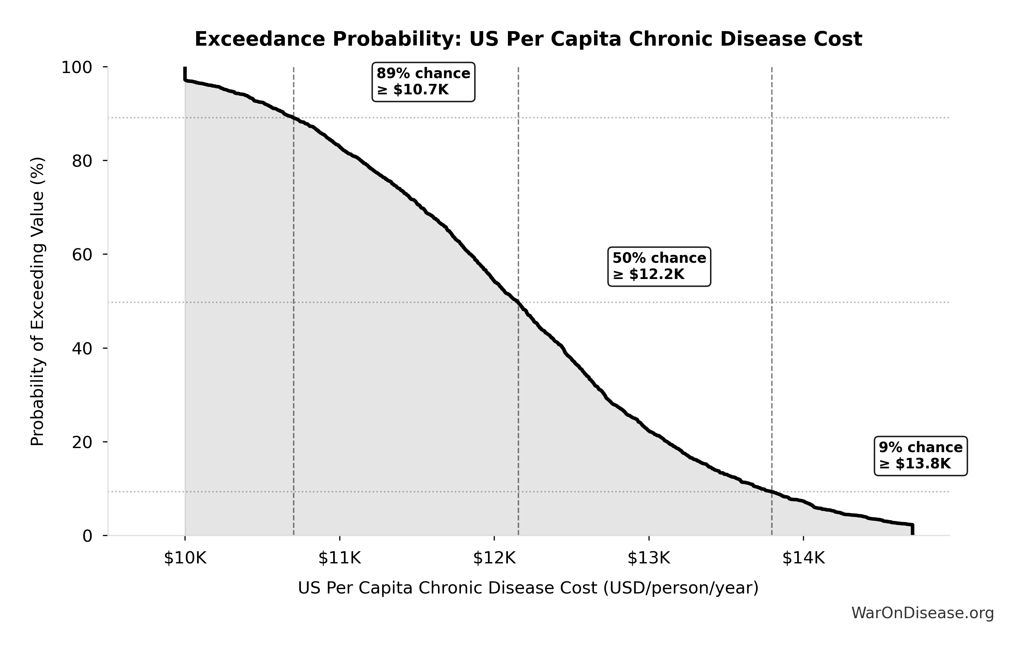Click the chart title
click(x=528, y=39)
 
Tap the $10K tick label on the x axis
click(x=185, y=558)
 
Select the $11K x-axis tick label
click(x=340, y=558)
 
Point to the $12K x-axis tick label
click(x=494, y=558)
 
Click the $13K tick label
click(x=649, y=558)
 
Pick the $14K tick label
click(x=803, y=558)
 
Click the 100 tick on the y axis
click(x=77, y=67)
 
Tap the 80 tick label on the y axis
click(x=82, y=161)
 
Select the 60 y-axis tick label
click(x=82, y=255)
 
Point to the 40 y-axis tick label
click(x=82, y=348)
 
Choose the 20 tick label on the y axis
click(x=82, y=442)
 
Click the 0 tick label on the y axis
click(x=87, y=536)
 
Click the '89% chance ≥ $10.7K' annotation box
click(x=423, y=82)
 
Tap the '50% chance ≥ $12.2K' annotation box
click(x=659, y=266)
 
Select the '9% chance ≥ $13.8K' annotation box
click(x=920, y=455)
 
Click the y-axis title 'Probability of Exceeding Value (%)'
click(x=38, y=302)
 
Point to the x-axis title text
click(x=528, y=588)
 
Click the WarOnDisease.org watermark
click(x=922, y=613)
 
